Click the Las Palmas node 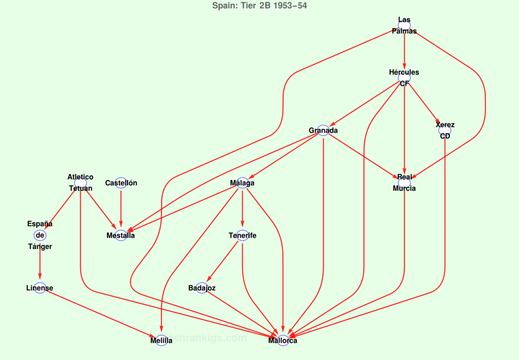tap(404, 25)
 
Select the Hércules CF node tap(404, 78)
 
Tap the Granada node tap(323, 130)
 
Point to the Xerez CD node tap(445, 130)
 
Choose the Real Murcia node tap(404, 183)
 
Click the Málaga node tap(242, 183)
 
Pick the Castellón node tap(121, 183)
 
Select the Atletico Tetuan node tap(80, 183)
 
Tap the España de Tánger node tap(40, 235)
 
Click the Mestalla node tap(121, 235)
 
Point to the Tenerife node tap(242, 235)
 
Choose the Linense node tap(40, 288)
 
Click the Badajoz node tap(202, 288)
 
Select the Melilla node tap(161, 340)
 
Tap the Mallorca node tap(283, 340)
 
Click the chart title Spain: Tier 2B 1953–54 tap(259, 6)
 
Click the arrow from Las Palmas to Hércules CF tap(404, 51)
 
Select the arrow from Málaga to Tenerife tap(242, 209)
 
